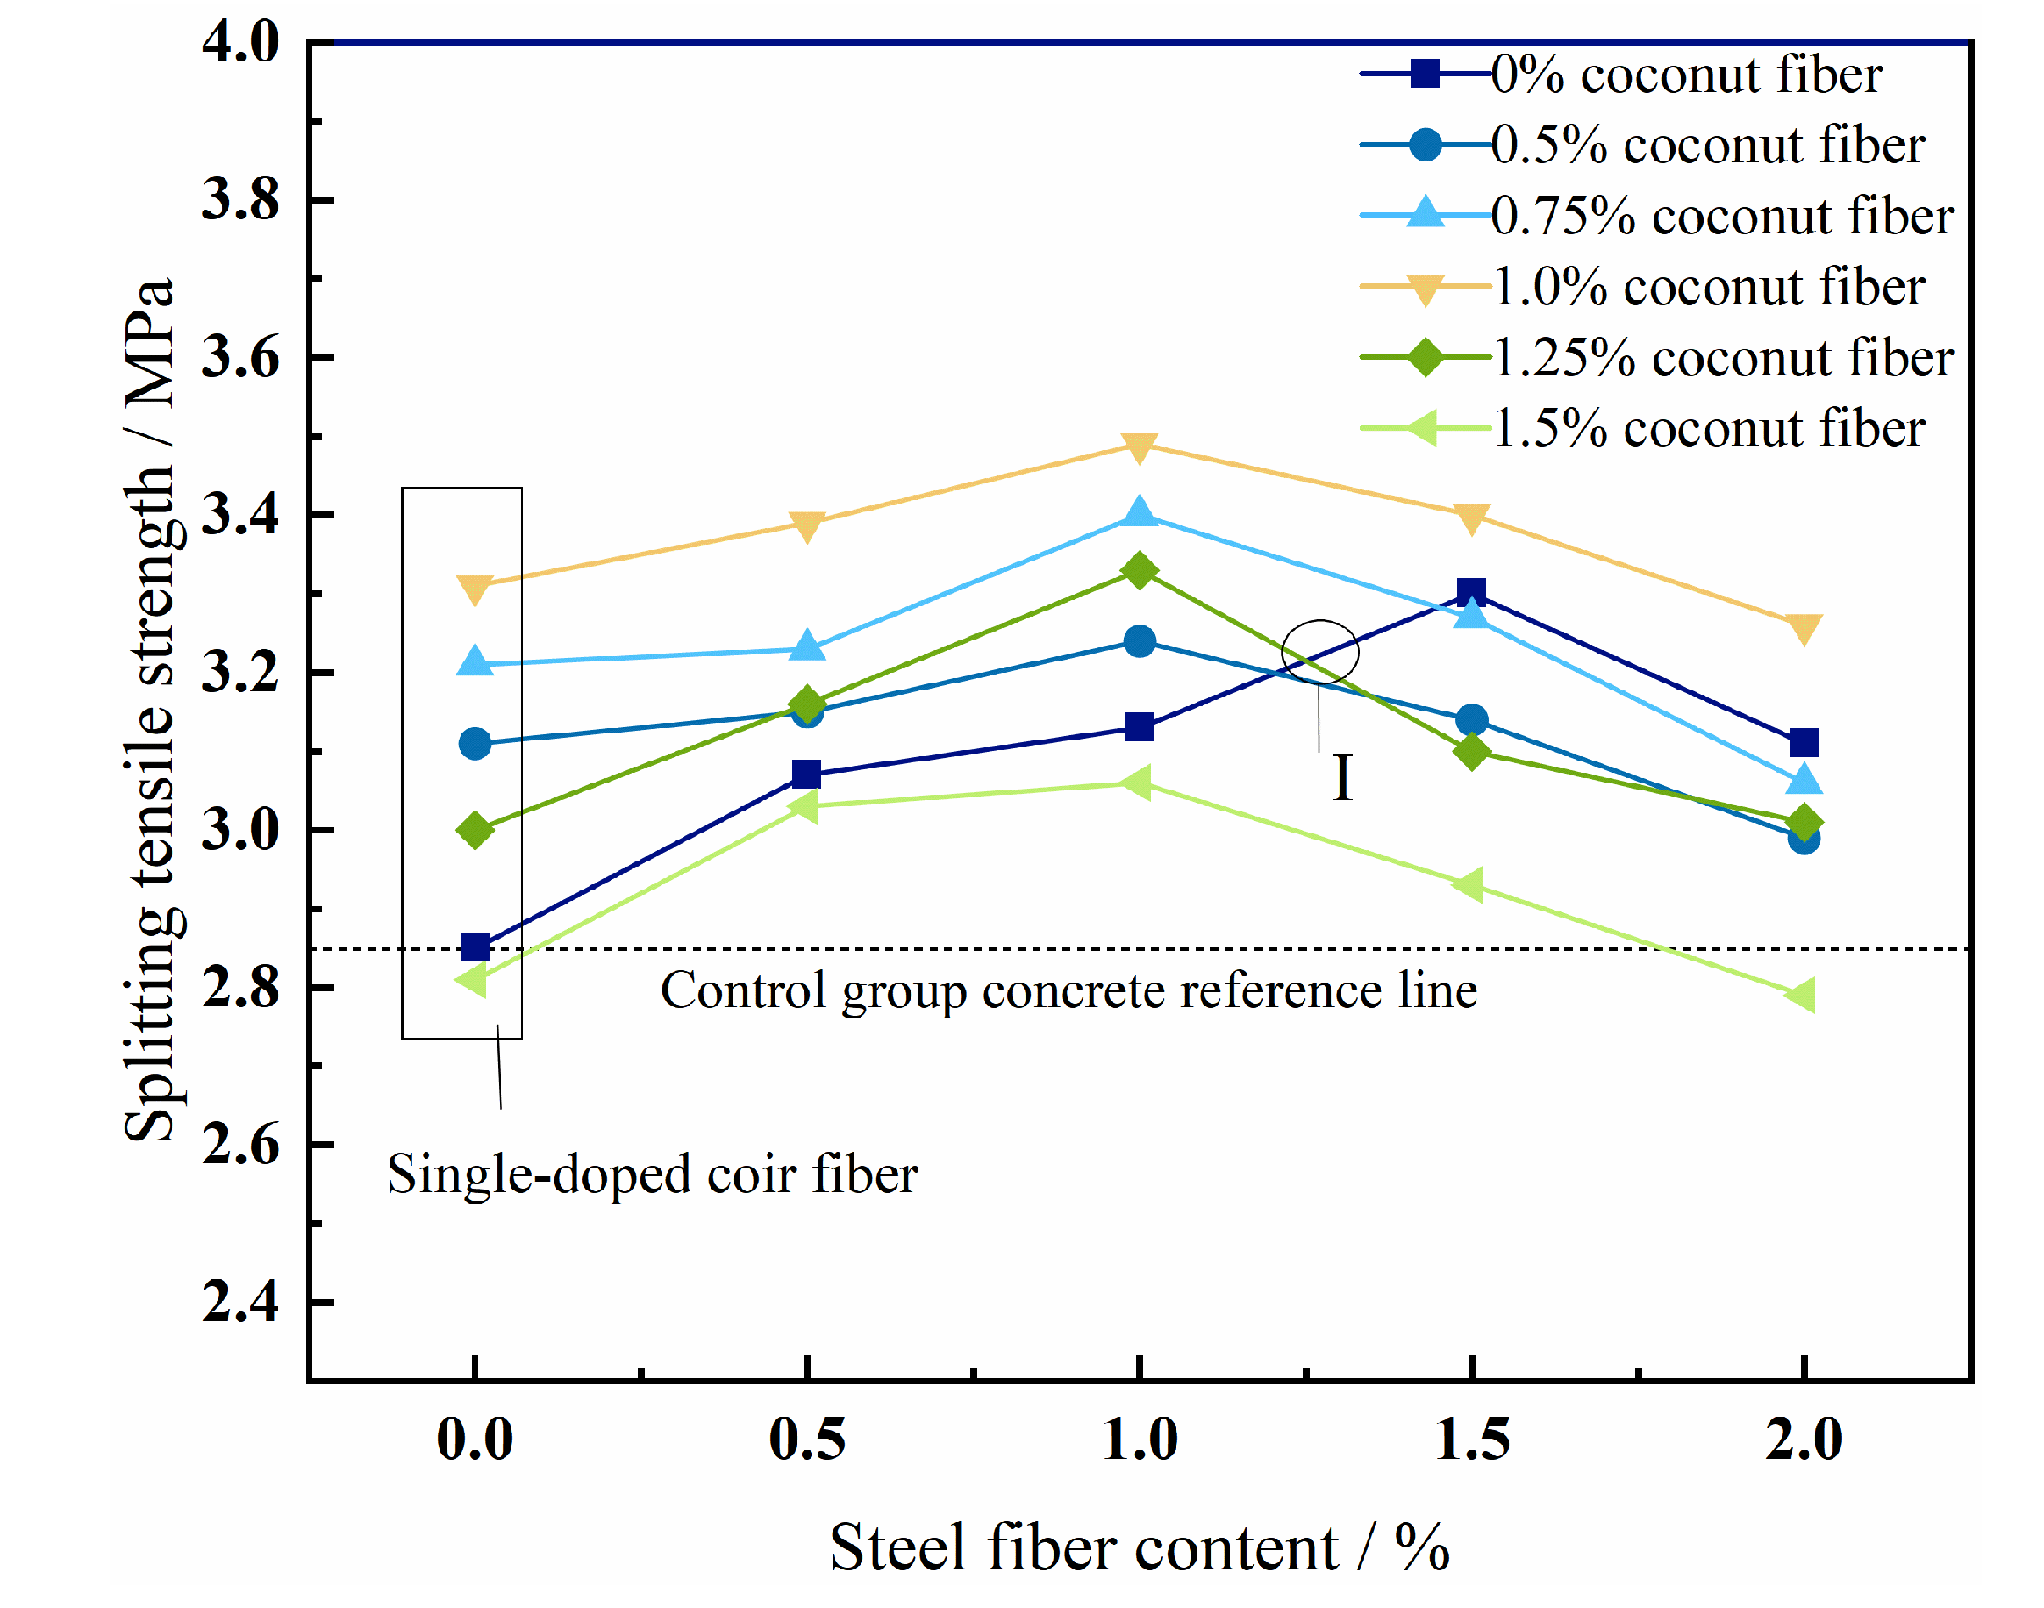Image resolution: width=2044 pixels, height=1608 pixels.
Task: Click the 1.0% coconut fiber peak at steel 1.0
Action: [1139, 447]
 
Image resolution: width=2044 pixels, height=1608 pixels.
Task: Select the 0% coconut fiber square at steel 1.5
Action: [1470, 592]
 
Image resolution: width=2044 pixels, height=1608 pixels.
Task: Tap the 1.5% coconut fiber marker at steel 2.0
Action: [1801, 994]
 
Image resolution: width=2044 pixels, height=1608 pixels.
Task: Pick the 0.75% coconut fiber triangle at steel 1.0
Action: [1139, 513]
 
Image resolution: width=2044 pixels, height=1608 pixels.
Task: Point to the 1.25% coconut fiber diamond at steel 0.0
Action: [475, 831]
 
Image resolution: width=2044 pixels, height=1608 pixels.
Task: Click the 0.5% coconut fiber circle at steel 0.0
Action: [475, 744]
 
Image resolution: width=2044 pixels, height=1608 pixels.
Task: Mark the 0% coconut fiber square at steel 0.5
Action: [806, 775]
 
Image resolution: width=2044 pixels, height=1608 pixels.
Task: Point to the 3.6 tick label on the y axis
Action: [240, 359]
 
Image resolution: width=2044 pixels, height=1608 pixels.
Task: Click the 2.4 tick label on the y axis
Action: [240, 1303]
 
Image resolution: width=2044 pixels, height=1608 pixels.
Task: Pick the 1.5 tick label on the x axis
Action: [1471, 1440]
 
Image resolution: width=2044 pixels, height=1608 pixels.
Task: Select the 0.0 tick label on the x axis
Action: [475, 1440]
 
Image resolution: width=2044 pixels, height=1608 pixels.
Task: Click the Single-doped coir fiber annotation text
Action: [652, 1174]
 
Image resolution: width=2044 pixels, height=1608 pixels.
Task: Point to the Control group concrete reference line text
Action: [1068, 990]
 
